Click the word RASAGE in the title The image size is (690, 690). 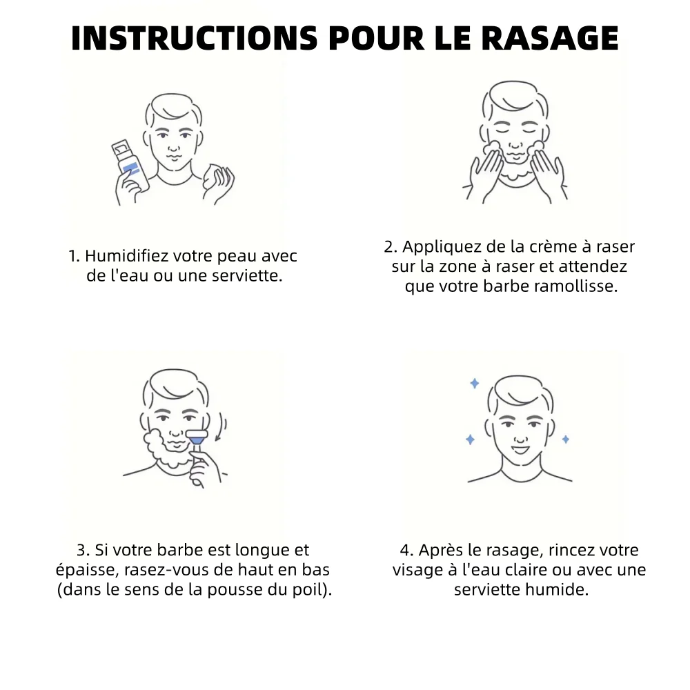click(x=550, y=38)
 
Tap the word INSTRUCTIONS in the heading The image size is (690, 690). click(x=194, y=38)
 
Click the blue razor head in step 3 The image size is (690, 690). click(x=197, y=437)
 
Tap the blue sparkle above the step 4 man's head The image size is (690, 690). click(x=475, y=383)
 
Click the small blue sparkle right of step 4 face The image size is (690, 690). click(x=566, y=439)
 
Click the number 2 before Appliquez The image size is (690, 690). click(x=388, y=247)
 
